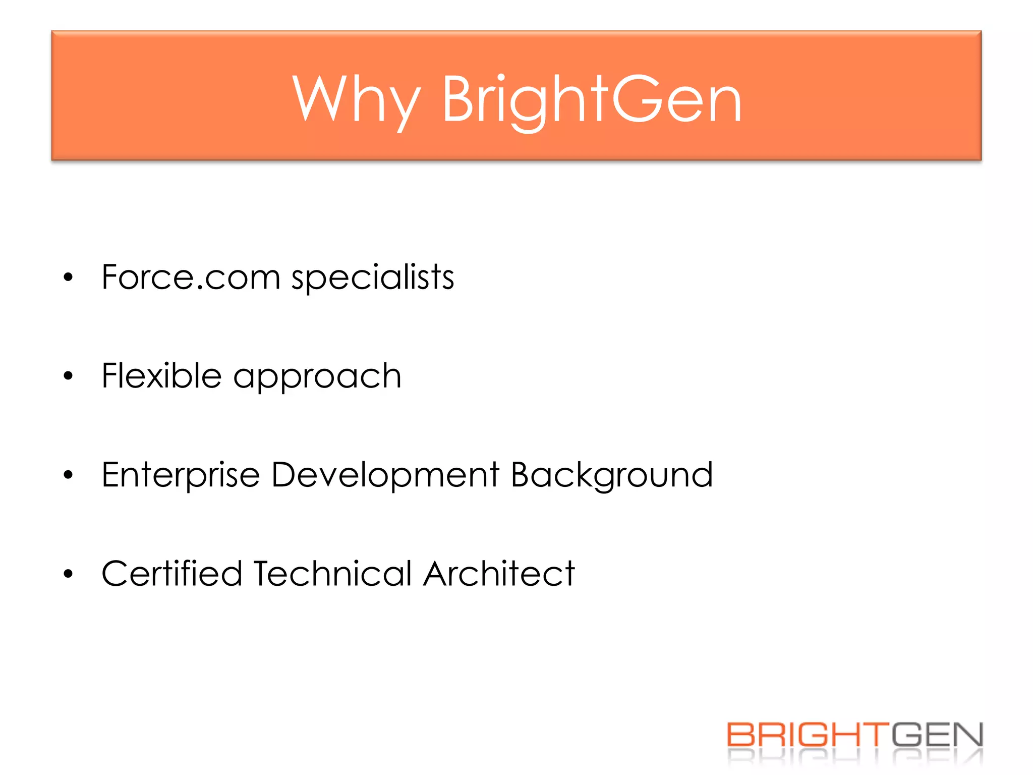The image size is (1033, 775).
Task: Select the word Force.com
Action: point(191,277)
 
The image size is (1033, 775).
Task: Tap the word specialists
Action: point(373,277)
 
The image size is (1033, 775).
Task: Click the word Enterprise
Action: point(181,475)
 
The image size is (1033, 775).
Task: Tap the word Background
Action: point(611,475)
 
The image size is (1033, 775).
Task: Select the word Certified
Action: point(172,574)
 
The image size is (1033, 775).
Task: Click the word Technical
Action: point(333,574)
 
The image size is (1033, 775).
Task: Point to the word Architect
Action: point(499,574)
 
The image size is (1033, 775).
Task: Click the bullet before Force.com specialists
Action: point(69,277)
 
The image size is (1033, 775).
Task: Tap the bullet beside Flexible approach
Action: point(69,376)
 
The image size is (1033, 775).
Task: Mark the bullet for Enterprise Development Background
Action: point(69,475)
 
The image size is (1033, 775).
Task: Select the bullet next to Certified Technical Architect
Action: point(69,574)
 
